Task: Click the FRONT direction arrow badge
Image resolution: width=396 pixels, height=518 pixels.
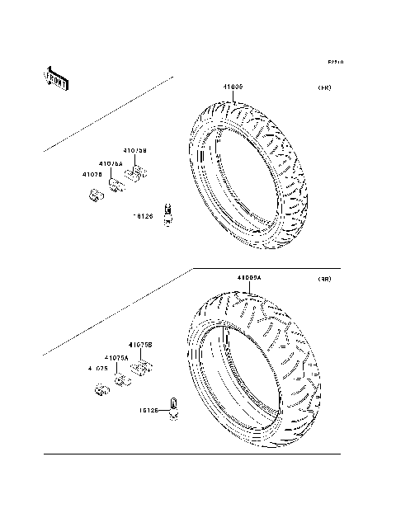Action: pyautogui.click(x=56, y=78)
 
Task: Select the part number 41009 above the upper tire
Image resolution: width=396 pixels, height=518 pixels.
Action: pyautogui.click(x=232, y=87)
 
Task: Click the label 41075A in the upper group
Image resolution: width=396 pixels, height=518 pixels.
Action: pyautogui.click(x=111, y=164)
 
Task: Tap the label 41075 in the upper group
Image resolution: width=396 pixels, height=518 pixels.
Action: pyautogui.click(x=92, y=174)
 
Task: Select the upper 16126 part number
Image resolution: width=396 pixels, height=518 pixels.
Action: pyautogui.click(x=144, y=216)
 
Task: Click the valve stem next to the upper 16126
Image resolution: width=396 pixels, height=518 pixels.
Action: pyautogui.click(x=168, y=214)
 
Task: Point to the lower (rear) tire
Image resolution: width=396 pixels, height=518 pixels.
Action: pyautogui.click(x=252, y=363)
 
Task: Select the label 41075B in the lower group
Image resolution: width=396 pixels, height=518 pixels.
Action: pyautogui.click(x=139, y=344)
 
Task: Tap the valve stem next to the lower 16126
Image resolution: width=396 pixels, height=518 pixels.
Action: pyautogui.click(x=174, y=407)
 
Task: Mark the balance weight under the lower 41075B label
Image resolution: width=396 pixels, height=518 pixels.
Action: pyautogui.click(x=141, y=367)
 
